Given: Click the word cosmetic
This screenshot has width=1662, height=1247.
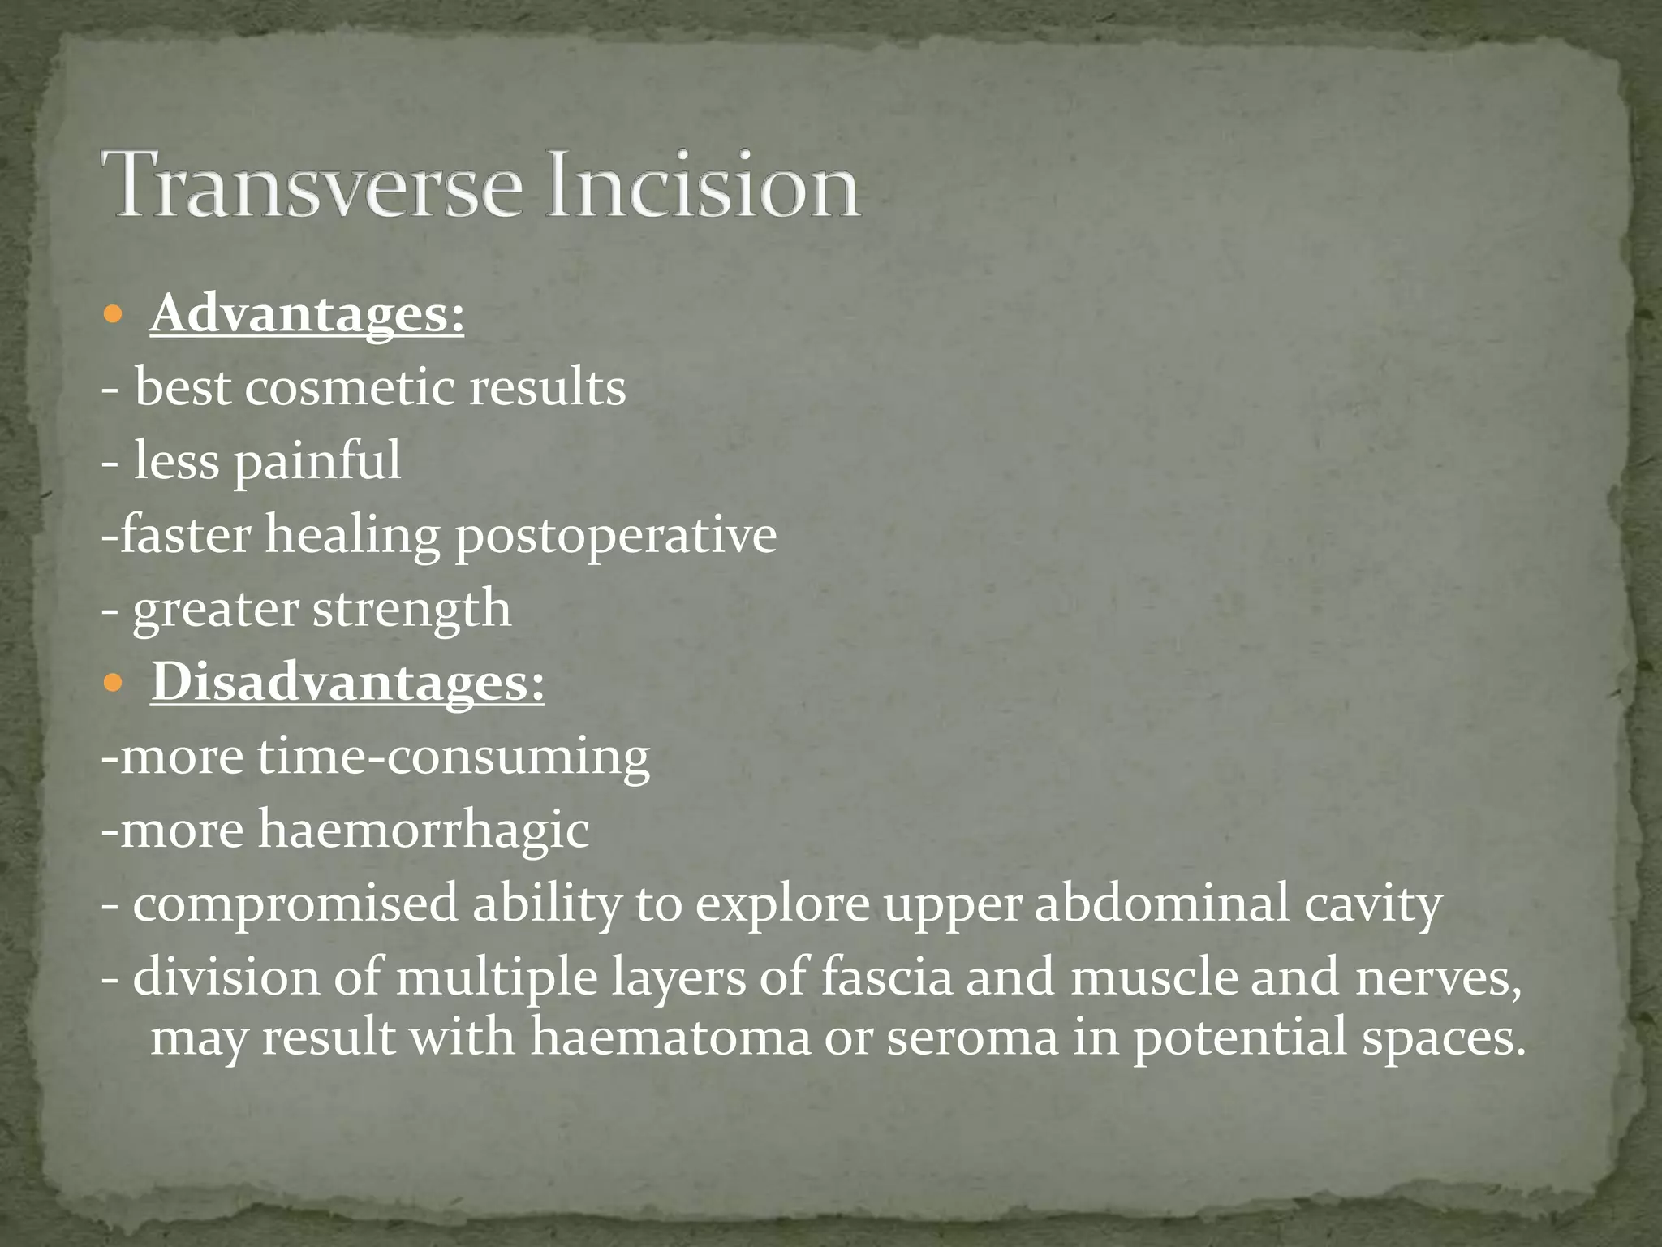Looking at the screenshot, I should [x=350, y=387].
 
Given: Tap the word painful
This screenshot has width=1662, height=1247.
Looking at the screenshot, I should [x=317, y=461].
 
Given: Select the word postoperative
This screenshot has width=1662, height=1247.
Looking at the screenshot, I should [x=615, y=536].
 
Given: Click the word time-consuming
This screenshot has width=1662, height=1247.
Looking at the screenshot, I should [x=454, y=757].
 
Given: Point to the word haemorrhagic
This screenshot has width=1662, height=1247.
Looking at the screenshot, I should [x=424, y=831].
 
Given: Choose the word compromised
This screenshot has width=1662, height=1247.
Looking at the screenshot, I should [x=295, y=904].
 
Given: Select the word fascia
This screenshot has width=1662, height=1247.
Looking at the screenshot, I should [x=885, y=977].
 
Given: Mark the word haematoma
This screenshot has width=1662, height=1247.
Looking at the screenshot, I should [x=670, y=1038].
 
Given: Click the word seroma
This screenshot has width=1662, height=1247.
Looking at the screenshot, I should [x=972, y=1038].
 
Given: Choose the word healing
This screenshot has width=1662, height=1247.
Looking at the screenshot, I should [x=352, y=536].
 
